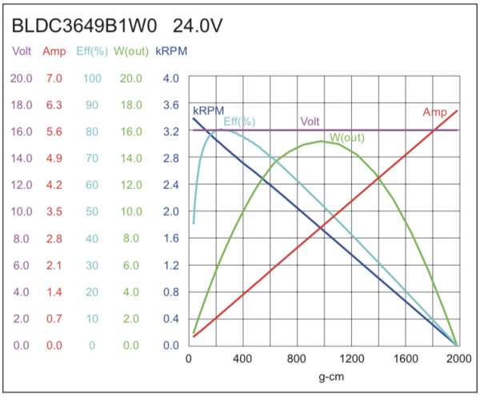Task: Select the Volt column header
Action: click(22, 52)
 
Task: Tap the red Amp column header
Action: click(54, 52)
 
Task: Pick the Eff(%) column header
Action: click(91, 52)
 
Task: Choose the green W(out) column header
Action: click(130, 52)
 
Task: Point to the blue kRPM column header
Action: click(170, 52)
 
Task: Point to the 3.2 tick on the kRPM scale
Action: click(170, 131)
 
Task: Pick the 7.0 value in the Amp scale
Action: click(54, 78)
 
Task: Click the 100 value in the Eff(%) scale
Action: click(92, 78)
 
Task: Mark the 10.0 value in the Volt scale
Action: click(22, 212)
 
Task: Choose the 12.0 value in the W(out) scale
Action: click(130, 185)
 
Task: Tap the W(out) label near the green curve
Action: click(346, 138)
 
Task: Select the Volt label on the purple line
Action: click(310, 122)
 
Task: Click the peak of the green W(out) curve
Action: click(320, 142)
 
